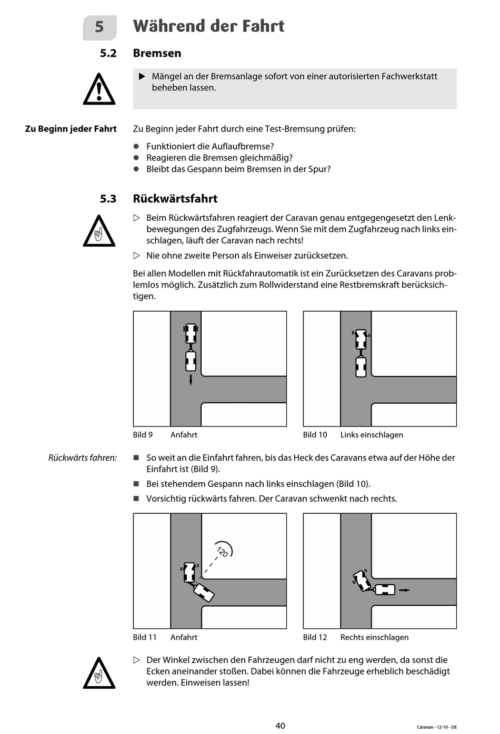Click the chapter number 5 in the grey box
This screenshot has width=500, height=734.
(x=99, y=27)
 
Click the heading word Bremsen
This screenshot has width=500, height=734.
(x=157, y=53)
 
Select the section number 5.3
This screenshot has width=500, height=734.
(x=108, y=199)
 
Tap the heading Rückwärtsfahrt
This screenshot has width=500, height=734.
(x=175, y=199)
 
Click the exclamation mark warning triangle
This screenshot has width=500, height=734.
(x=99, y=90)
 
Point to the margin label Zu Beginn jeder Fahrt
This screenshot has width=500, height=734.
(x=71, y=129)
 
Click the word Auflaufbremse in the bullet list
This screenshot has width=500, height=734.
(x=246, y=146)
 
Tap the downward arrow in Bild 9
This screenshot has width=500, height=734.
(x=191, y=380)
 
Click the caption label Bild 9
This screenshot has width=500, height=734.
(x=143, y=435)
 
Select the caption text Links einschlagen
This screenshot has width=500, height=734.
(x=372, y=435)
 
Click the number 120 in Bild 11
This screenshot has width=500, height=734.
(x=223, y=552)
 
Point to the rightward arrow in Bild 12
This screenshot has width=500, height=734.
(x=404, y=590)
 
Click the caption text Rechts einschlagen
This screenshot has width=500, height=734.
(x=374, y=637)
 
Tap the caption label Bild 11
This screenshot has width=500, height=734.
(x=145, y=637)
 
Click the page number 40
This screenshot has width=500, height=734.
(x=280, y=726)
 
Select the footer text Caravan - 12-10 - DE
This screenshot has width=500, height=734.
(x=436, y=727)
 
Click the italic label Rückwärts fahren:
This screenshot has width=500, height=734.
(x=83, y=458)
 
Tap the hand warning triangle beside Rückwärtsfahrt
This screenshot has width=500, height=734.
(x=99, y=232)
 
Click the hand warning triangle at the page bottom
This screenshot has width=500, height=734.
(x=99, y=674)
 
